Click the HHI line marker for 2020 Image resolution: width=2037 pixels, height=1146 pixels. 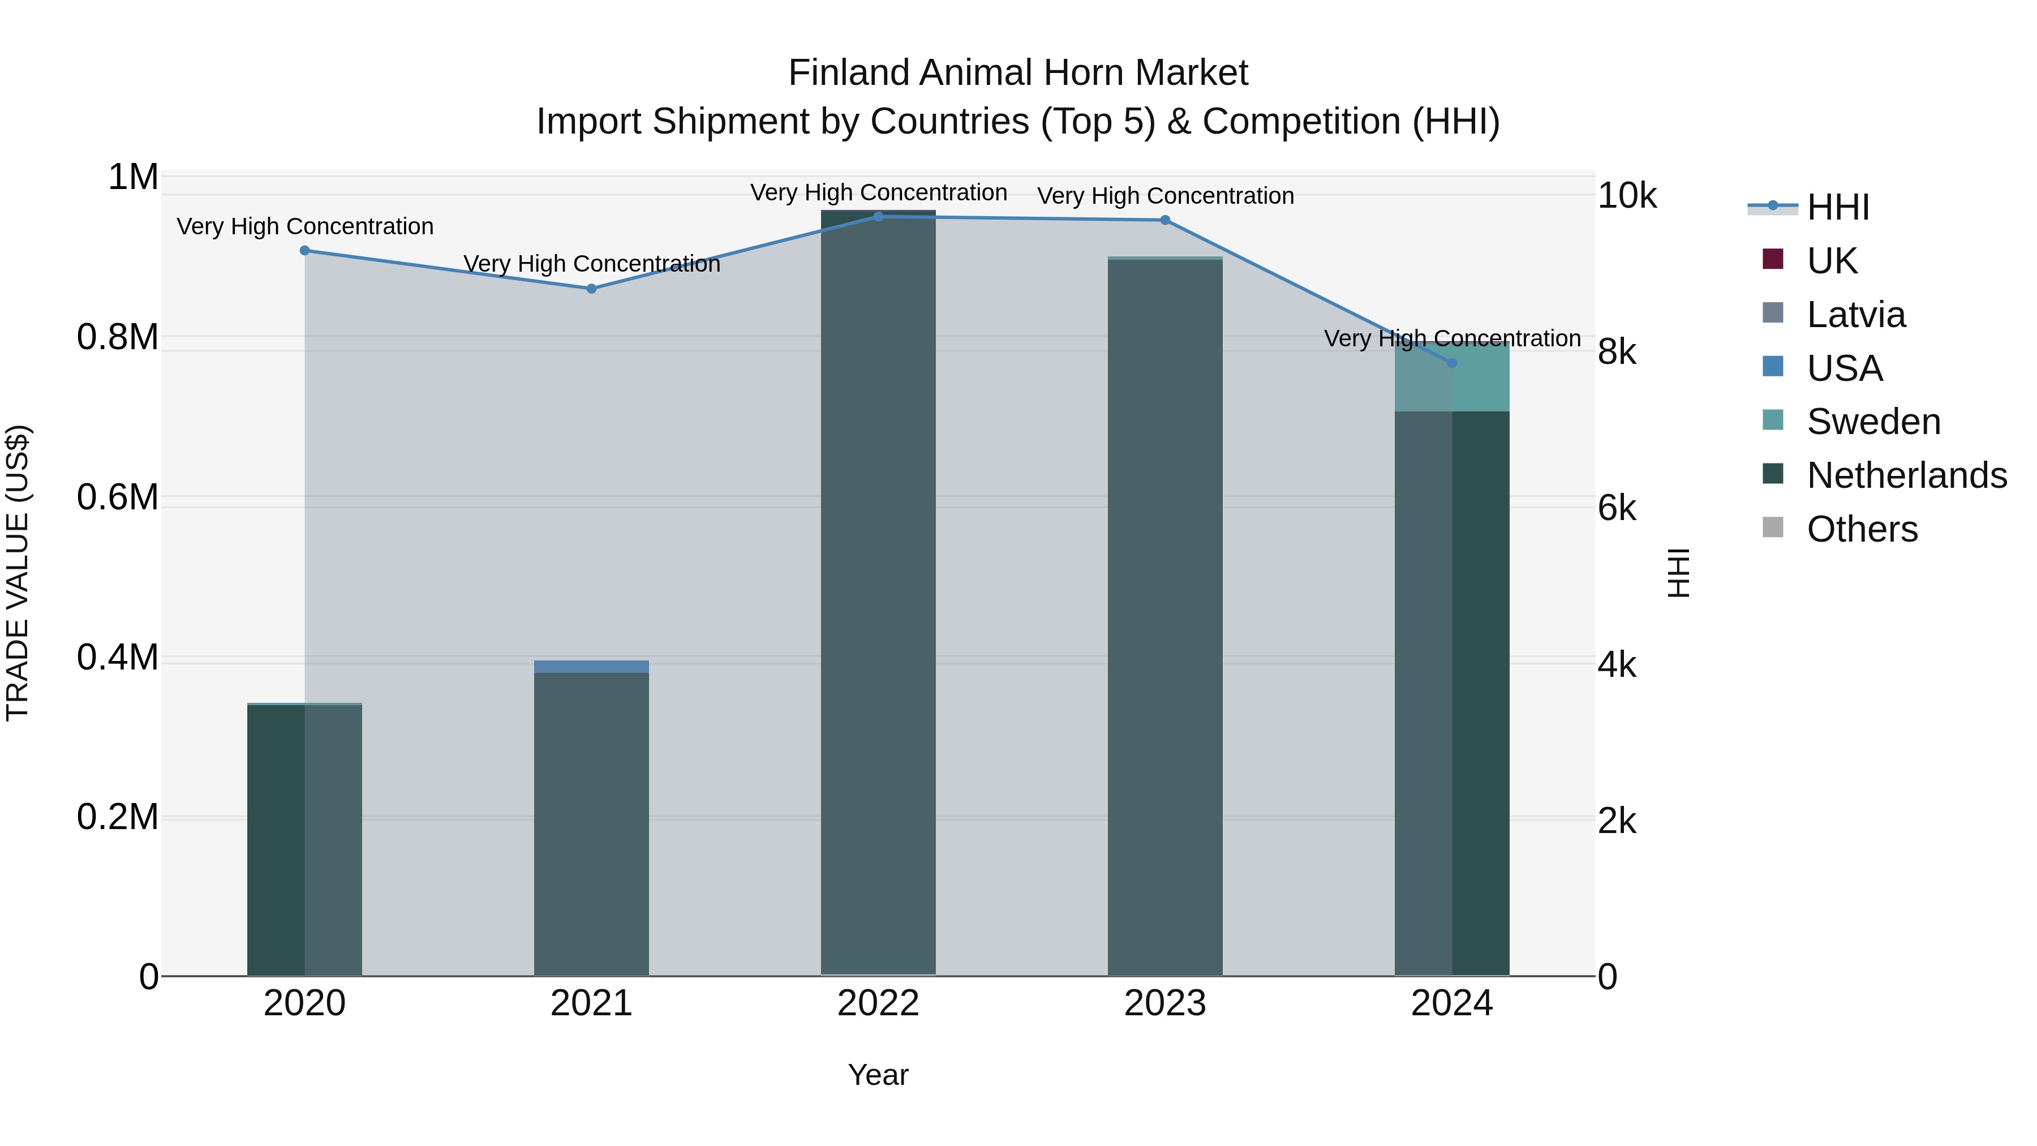click(x=304, y=251)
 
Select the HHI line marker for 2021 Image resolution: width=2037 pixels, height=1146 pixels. click(x=591, y=289)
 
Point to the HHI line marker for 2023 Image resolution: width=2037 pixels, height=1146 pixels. click(x=1165, y=220)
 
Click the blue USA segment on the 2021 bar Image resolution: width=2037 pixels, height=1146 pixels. click(x=591, y=667)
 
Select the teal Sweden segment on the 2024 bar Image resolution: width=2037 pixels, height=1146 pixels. click(x=1452, y=378)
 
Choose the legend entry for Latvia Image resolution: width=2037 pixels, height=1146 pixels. click(x=1856, y=315)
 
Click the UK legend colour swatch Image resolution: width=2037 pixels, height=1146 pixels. click(x=1773, y=259)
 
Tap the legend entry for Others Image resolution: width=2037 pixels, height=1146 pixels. click(x=1862, y=529)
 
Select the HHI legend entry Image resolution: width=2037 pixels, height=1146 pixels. click(x=1838, y=207)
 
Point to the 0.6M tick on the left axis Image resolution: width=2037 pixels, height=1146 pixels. click(x=118, y=497)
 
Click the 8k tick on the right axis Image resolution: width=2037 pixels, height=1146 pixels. click(x=1617, y=352)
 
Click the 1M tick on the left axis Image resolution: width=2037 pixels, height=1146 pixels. click(x=133, y=177)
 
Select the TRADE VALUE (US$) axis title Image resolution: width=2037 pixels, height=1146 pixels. click(x=18, y=573)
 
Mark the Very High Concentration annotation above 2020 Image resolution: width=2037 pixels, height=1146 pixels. click(x=305, y=227)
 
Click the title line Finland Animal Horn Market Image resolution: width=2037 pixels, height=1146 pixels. click(x=1018, y=73)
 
